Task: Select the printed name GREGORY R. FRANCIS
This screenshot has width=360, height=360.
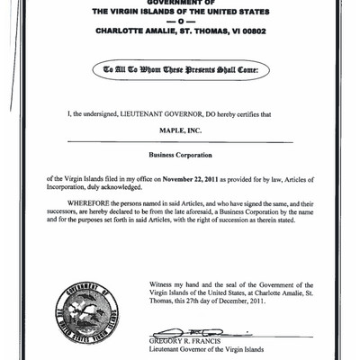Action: [x=186, y=342]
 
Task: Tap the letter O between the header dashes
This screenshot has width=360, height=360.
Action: [x=180, y=21]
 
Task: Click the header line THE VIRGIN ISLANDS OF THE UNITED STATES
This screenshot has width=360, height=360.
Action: [x=180, y=12]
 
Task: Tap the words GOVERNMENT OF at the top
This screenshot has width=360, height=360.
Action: [x=180, y=4]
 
